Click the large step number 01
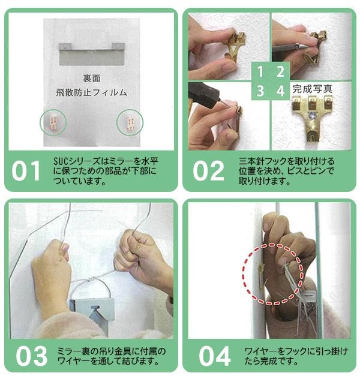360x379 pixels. pyautogui.click(x=26, y=171)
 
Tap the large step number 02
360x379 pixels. pyautogui.click(x=208, y=171)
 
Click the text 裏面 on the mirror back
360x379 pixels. pyautogui.click(x=92, y=79)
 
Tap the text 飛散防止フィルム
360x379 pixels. pyautogui.click(x=92, y=92)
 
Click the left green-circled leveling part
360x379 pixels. pyautogui.click(x=53, y=122)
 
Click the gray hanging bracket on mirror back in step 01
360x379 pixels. pyautogui.click(x=92, y=54)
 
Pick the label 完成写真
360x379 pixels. pyautogui.click(x=312, y=89)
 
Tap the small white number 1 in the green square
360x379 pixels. pyautogui.click(x=260, y=71)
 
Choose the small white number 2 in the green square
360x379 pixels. pyautogui.click(x=280, y=71)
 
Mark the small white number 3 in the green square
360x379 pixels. pyautogui.click(x=260, y=91)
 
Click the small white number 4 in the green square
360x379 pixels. pyautogui.click(x=280, y=91)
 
